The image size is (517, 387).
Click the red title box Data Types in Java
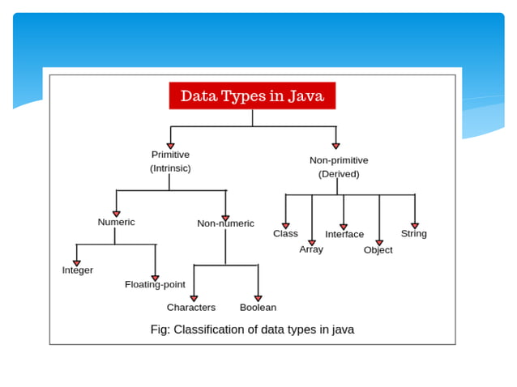click(252, 96)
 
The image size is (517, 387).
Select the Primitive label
click(170, 155)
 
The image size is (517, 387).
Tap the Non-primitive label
click(339, 160)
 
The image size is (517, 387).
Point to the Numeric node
click(116, 222)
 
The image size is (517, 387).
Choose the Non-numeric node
click(225, 223)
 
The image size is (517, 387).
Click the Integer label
click(78, 270)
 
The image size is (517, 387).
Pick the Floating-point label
click(155, 285)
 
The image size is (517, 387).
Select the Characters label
click(191, 308)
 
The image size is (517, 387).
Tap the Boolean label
click(258, 308)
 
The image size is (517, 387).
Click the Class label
click(285, 234)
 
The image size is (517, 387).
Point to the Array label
click(311, 249)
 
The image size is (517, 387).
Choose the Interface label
click(344, 235)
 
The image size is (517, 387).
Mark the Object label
click(378, 250)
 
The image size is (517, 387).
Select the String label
click(413, 234)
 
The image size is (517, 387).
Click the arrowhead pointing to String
click(414, 225)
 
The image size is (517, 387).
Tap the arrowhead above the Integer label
click(77, 262)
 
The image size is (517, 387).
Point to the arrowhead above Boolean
click(258, 298)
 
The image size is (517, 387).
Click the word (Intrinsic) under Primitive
click(170, 168)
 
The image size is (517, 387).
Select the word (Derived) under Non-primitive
click(339, 174)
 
